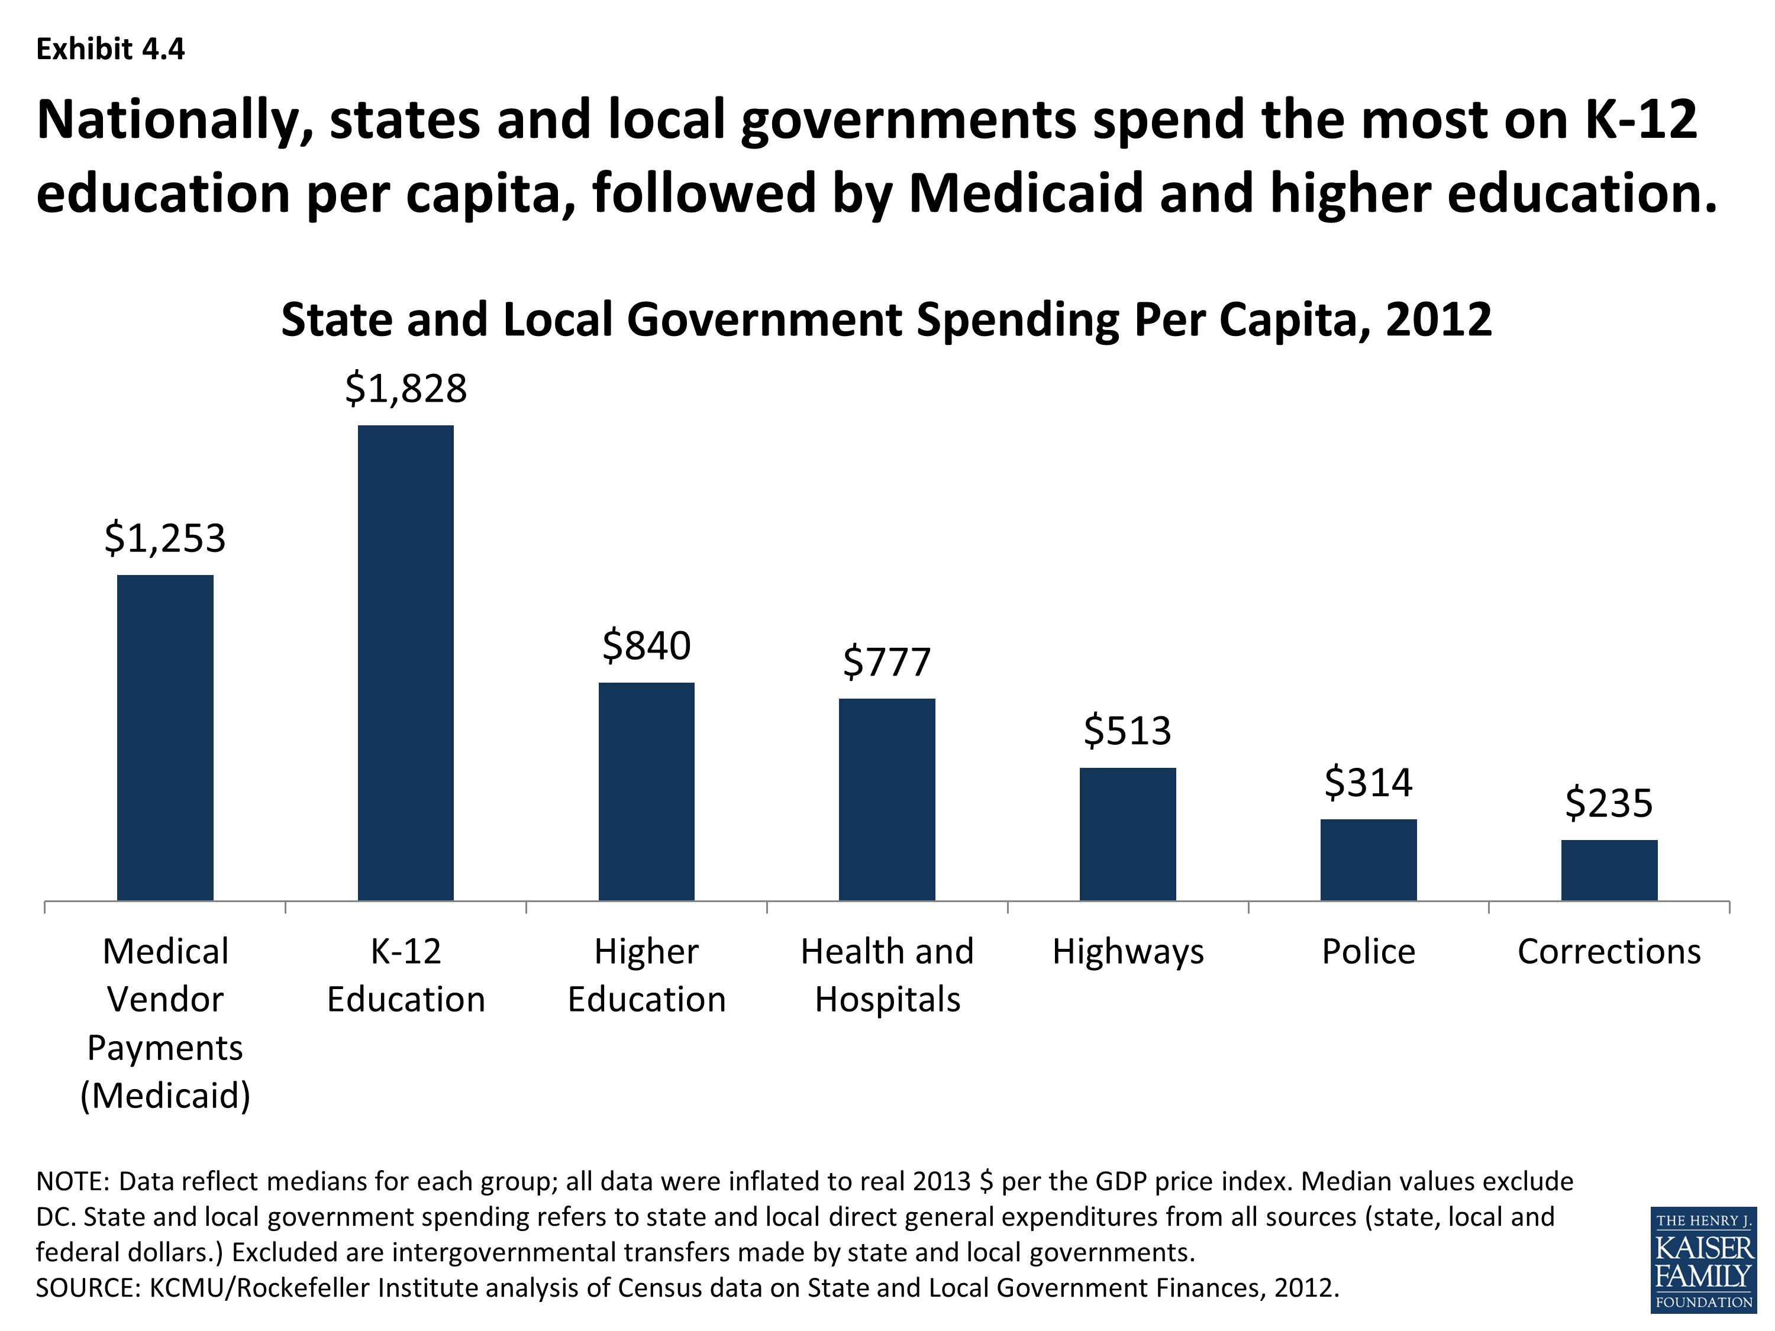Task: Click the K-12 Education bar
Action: pyautogui.click(x=405, y=663)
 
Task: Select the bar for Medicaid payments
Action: pyautogui.click(x=165, y=737)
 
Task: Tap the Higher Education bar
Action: pyautogui.click(x=646, y=791)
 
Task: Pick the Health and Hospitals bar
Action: pyautogui.click(x=887, y=799)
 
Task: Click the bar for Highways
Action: pyautogui.click(x=1128, y=834)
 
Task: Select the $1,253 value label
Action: pyautogui.click(x=165, y=538)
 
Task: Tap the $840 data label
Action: pyautogui.click(x=646, y=646)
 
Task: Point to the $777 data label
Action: pyautogui.click(x=887, y=663)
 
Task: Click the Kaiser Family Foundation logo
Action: pyautogui.click(x=1703, y=1259)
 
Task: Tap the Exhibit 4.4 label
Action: pyautogui.click(x=111, y=50)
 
